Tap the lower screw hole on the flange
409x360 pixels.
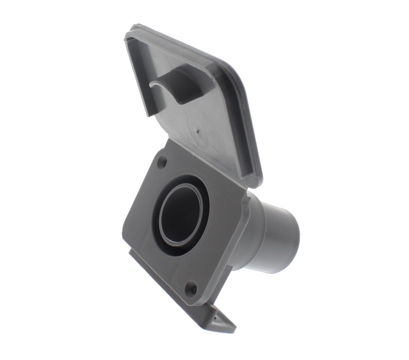point(192,288)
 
